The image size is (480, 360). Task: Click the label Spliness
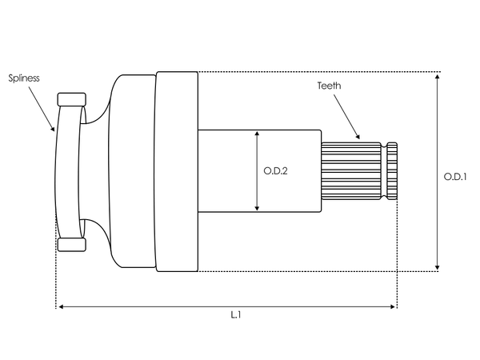click(24, 78)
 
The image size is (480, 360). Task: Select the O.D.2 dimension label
click(275, 170)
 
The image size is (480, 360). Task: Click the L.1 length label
click(236, 315)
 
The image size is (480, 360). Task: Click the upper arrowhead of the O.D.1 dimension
click(438, 76)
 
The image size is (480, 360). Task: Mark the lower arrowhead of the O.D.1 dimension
click(438, 267)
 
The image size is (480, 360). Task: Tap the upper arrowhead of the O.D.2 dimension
click(257, 134)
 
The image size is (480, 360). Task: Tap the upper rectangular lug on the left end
click(72, 100)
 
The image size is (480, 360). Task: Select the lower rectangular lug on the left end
click(72, 243)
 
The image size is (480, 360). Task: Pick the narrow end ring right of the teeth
click(392, 170)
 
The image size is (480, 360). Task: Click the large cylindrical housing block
click(177, 170)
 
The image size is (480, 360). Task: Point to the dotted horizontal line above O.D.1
click(320, 72)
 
